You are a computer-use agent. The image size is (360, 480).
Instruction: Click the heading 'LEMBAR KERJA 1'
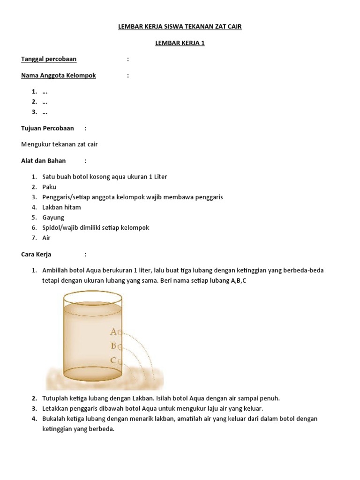(180, 44)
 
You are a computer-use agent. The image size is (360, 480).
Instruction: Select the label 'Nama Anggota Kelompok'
(59, 75)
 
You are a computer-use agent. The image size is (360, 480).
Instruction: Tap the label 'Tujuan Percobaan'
(47, 128)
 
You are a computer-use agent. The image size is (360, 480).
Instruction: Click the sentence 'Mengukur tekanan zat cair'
(60, 144)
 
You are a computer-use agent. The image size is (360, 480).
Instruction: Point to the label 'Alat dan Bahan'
(44, 161)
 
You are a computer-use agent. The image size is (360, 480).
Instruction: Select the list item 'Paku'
(49, 187)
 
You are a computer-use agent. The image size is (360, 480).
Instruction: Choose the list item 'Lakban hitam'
(61, 207)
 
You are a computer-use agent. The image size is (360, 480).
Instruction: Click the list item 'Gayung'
(53, 217)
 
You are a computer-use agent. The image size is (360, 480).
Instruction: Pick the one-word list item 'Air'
(46, 238)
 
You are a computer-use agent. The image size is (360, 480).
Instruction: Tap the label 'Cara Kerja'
(36, 255)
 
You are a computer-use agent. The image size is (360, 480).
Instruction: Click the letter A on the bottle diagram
(113, 332)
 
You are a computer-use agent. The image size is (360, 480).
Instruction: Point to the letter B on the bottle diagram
(113, 346)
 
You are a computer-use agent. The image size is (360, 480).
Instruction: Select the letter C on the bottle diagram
(113, 361)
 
